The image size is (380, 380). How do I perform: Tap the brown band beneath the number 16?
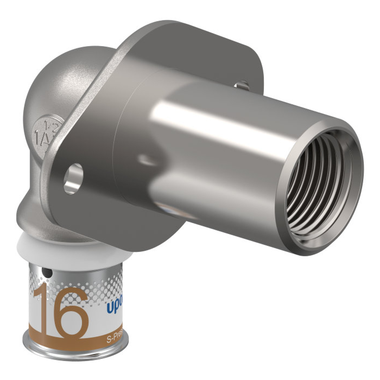point(71,341)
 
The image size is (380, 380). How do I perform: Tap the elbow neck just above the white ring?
point(43,220)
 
